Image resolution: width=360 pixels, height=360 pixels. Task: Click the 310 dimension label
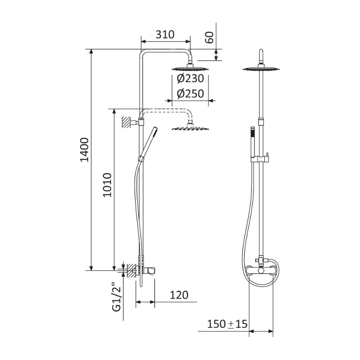click(165, 35)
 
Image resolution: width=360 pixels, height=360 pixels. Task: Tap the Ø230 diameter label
click(190, 78)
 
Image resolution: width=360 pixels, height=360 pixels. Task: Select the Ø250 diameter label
click(190, 94)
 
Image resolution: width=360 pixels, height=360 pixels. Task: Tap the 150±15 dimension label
click(227, 324)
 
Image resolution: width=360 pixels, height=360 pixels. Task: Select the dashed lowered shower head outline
click(190, 128)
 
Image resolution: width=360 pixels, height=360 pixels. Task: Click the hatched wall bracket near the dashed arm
click(126, 122)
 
